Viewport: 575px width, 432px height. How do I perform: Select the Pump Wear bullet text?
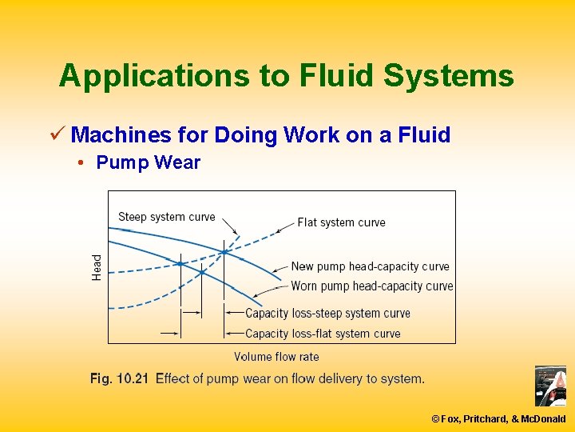point(148,162)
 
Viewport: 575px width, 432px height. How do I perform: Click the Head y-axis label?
point(97,266)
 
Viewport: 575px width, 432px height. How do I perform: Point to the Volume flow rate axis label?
point(276,357)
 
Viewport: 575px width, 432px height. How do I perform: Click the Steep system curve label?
point(166,217)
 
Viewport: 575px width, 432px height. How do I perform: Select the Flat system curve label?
point(341,222)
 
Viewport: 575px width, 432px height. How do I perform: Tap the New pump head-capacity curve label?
point(370,266)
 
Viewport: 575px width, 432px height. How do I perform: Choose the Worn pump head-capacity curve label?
point(372,286)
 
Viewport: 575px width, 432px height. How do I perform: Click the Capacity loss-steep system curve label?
point(327,313)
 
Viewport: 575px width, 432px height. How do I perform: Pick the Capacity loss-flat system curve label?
point(323,334)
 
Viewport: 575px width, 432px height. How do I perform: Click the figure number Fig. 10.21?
point(119,378)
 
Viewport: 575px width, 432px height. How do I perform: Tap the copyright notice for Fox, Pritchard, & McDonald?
point(498,418)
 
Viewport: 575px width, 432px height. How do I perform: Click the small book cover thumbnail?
point(550,386)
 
